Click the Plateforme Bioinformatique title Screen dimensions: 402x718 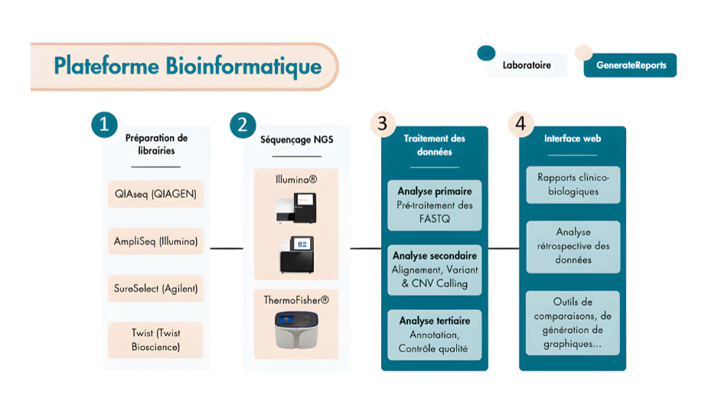pos(187,67)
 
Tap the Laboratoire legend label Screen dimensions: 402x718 pos(527,66)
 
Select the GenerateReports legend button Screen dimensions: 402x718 pos(631,66)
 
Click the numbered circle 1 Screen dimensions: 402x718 pos(104,125)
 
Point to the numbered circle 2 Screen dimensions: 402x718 pos(243,125)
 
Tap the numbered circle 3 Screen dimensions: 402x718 pos(382,125)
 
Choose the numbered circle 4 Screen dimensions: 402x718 pos(521,125)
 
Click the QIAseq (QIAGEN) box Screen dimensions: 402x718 pos(155,194)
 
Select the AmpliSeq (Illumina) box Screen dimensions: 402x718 pos(155,242)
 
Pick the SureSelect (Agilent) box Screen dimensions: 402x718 pos(155,289)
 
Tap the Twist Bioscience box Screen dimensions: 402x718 pos(155,340)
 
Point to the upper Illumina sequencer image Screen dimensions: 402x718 pos(295,208)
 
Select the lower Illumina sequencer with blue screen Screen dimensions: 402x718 pos(295,254)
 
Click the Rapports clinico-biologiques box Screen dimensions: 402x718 pos(573,185)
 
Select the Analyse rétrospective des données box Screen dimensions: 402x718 pos(573,247)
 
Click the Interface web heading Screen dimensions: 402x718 pos(573,139)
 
